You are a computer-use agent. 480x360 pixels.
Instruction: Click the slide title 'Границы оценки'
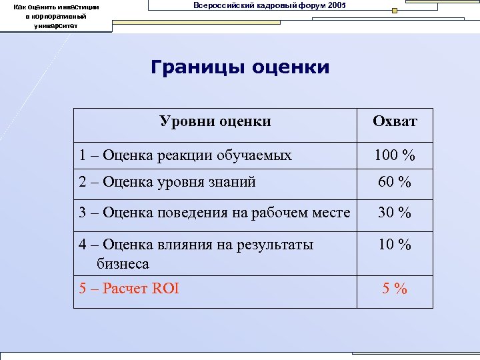click(240, 68)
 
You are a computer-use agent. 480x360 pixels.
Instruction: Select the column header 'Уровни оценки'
click(215, 121)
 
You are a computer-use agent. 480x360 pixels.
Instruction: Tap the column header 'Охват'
click(395, 121)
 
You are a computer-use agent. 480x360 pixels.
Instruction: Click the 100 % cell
click(395, 156)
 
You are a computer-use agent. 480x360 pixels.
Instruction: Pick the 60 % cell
click(395, 181)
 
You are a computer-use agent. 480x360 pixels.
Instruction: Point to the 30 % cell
click(395, 213)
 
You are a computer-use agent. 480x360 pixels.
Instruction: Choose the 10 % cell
click(395, 245)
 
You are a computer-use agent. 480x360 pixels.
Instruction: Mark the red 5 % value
click(395, 289)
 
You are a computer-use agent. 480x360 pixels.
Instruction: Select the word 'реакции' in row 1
click(181, 156)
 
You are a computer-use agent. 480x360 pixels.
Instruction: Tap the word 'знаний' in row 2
click(233, 181)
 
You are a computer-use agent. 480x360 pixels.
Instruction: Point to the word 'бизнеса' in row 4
click(123, 264)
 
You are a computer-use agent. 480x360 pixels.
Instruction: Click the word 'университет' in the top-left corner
click(56, 26)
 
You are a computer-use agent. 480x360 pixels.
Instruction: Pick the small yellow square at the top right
click(395, 11)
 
